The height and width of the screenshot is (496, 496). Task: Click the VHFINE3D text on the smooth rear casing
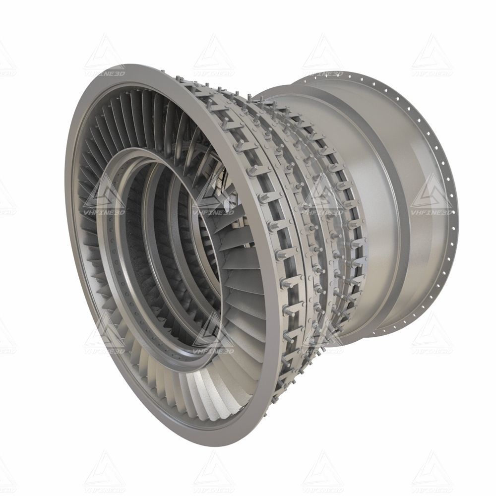431,213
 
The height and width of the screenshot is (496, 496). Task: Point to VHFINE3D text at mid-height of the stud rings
322,213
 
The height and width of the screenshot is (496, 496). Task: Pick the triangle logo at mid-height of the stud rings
322,193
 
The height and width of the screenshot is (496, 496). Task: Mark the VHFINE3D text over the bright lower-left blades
104,351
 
